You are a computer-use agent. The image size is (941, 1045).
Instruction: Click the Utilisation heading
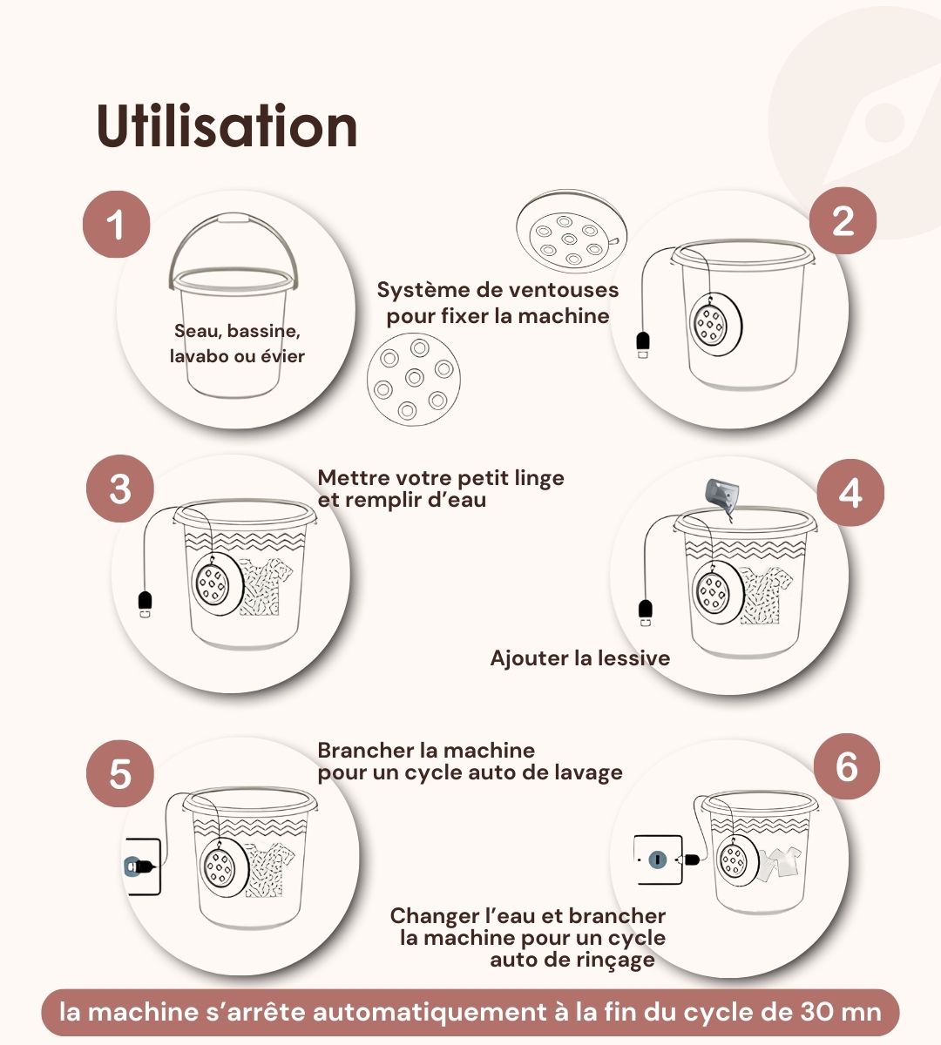point(227,125)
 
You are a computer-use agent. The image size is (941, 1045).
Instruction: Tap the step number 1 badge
point(117,225)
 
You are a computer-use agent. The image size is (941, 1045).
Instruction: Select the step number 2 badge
point(843,221)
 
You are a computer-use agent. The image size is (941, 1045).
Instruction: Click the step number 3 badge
point(120,489)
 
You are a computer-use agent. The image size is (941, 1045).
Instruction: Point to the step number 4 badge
point(850,492)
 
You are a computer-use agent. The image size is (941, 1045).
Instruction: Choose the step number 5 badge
point(120,773)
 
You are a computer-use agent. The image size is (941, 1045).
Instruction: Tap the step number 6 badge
point(847,766)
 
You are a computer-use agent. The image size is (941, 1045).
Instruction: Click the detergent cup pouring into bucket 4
point(722,494)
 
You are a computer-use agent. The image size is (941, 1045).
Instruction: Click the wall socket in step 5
point(143,866)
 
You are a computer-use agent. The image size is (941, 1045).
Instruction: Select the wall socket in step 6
point(658,859)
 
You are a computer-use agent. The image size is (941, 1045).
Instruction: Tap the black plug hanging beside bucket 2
point(643,343)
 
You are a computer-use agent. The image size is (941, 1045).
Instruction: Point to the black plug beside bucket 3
point(145,603)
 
